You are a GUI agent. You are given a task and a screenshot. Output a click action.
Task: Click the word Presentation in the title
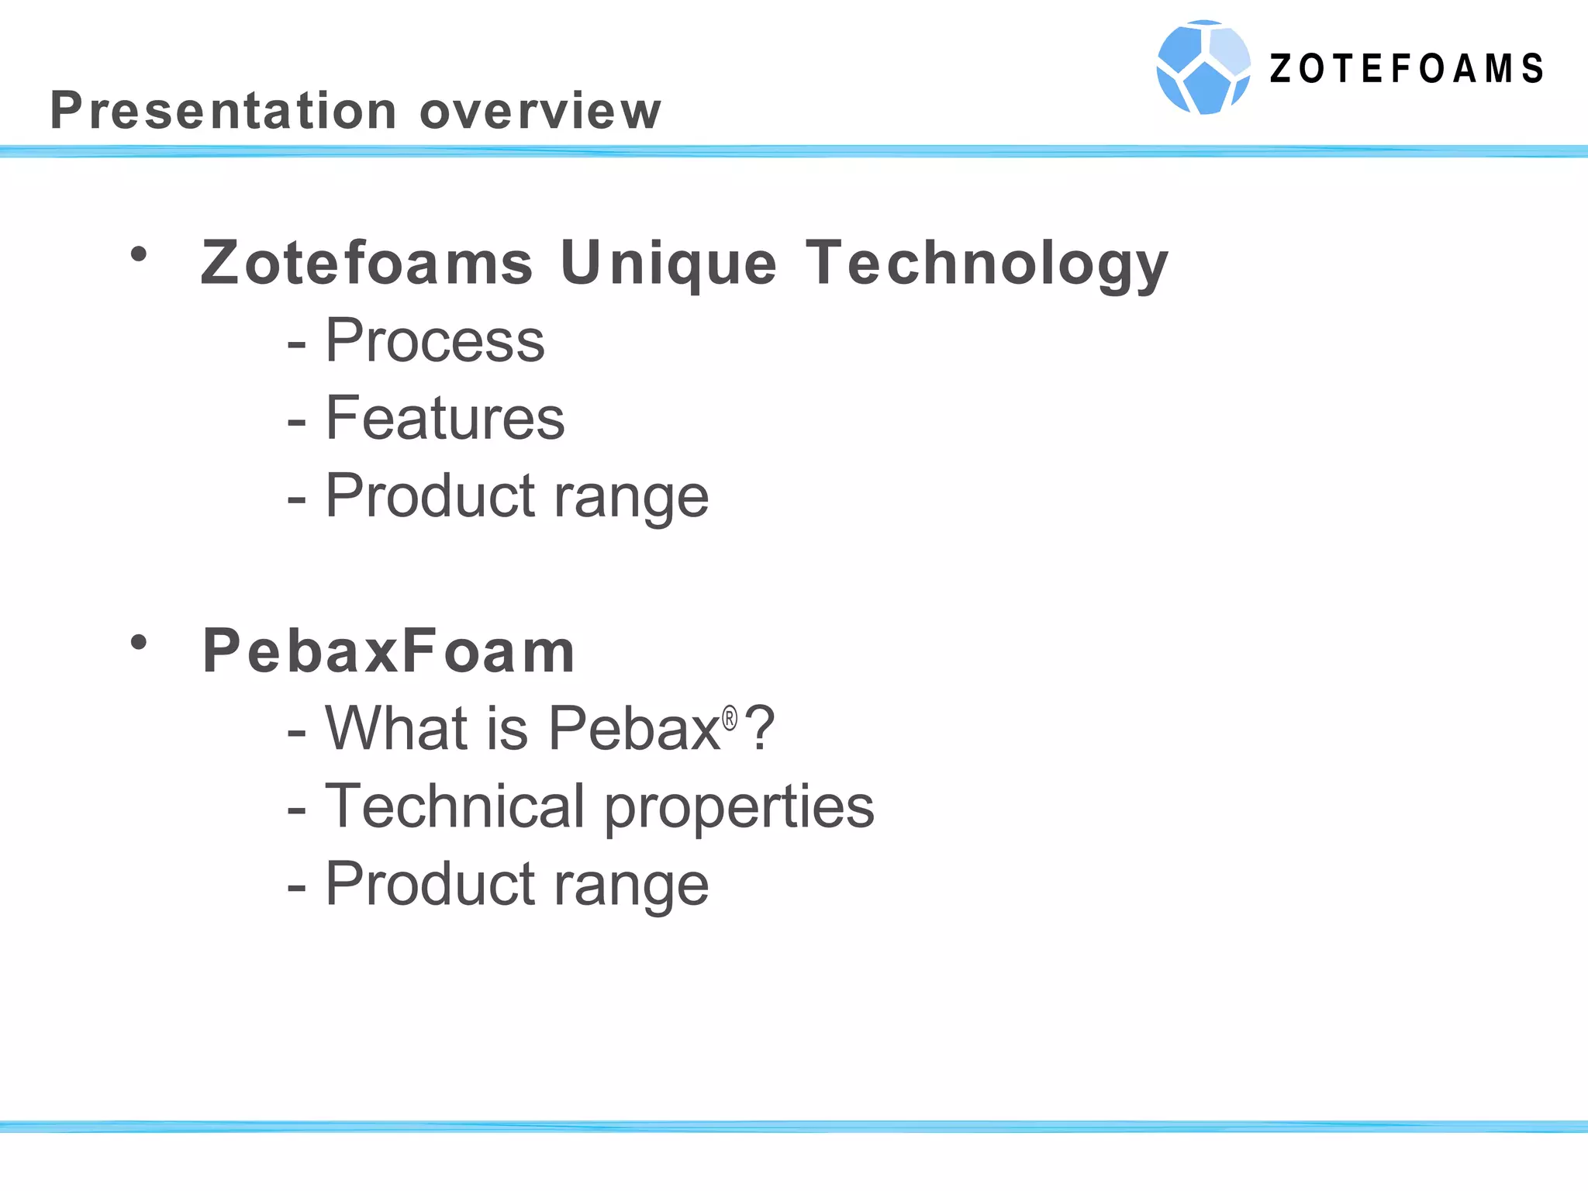point(223,110)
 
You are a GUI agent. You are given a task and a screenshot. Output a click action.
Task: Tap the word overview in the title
point(540,111)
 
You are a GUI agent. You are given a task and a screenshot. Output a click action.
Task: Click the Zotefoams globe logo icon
point(1203,67)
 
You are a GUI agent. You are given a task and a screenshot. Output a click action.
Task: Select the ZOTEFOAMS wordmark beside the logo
point(1407,69)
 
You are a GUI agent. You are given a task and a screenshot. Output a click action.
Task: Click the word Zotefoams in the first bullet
point(367,263)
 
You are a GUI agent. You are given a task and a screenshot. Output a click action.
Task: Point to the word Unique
point(668,264)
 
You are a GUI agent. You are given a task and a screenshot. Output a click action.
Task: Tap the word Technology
point(986,264)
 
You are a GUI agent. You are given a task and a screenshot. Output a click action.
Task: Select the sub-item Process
point(435,340)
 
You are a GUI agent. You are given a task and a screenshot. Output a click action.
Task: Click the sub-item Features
point(445,418)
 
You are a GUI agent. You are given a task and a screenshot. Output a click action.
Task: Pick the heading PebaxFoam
point(388,651)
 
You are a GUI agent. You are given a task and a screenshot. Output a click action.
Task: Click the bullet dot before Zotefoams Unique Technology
point(139,254)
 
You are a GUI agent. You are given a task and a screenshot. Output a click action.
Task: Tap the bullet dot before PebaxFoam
point(139,642)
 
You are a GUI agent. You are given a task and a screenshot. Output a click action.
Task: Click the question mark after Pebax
point(759,728)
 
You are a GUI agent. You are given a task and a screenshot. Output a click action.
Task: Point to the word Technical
point(454,806)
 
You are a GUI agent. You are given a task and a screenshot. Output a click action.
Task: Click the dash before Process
point(296,343)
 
